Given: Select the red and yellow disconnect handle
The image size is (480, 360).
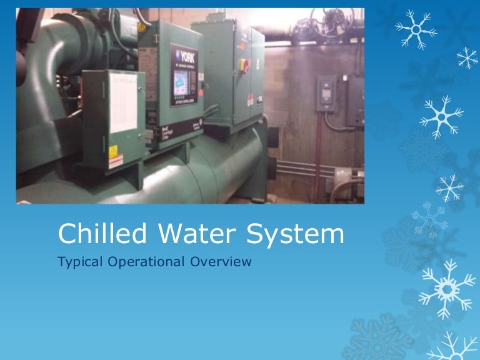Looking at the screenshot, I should click(245, 65).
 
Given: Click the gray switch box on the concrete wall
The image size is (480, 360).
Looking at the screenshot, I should click(326, 94).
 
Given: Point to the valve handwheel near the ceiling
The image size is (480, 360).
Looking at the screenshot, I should click(324, 22).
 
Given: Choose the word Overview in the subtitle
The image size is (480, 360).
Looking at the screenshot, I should click(222, 262).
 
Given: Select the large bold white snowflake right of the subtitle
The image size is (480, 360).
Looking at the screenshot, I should click(446, 288).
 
